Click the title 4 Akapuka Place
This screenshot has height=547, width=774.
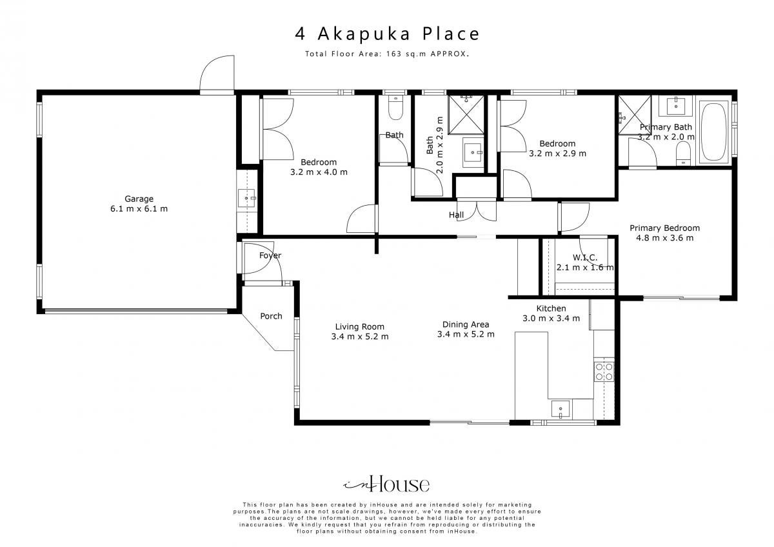click(x=387, y=34)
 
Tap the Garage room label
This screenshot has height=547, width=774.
click(x=139, y=199)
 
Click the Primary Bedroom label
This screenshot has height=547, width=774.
click(x=664, y=228)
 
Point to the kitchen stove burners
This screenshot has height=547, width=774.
click(x=604, y=372)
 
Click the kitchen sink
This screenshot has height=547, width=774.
click(x=561, y=410)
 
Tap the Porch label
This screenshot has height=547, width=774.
click(x=272, y=316)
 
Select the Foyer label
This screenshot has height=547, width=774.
click(x=270, y=255)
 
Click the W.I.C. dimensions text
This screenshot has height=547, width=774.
click(x=585, y=267)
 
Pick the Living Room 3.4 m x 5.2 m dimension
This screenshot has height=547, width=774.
click(x=360, y=336)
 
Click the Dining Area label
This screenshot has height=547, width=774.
click(x=466, y=324)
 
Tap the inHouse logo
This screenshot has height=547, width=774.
click(x=386, y=484)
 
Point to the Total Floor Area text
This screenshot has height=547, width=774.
click(x=387, y=54)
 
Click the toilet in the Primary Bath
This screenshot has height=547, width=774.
click(x=683, y=153)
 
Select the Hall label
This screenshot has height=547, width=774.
click(x=456, y=215)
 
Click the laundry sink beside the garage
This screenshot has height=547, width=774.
click(x=246, y=198)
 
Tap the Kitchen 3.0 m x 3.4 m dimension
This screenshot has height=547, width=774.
click(x=551, y=318)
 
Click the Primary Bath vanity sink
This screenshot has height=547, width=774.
click(x=676, y=106)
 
